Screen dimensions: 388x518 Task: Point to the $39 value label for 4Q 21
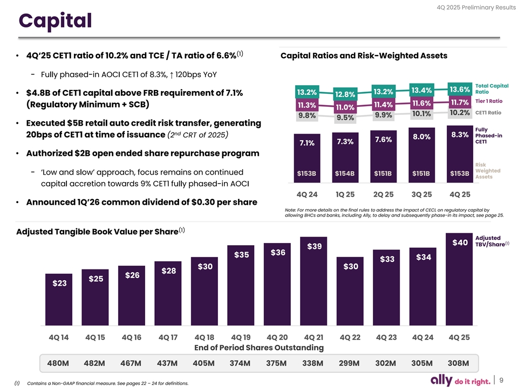tap(315, 246)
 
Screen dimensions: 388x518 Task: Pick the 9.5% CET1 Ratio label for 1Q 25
tap(345, 117)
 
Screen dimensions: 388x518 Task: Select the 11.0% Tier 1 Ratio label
tap(345, 107)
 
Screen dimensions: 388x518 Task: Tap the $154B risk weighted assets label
tap(345, 173)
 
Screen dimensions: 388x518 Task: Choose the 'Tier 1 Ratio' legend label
tap(488, 101)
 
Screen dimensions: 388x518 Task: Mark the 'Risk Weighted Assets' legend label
tap(488, 171)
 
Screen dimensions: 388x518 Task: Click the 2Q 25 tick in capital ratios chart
tap(383, 194)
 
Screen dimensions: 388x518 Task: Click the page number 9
tap(502, 380)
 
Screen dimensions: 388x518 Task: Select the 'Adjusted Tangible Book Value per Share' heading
tap(97, 232)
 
